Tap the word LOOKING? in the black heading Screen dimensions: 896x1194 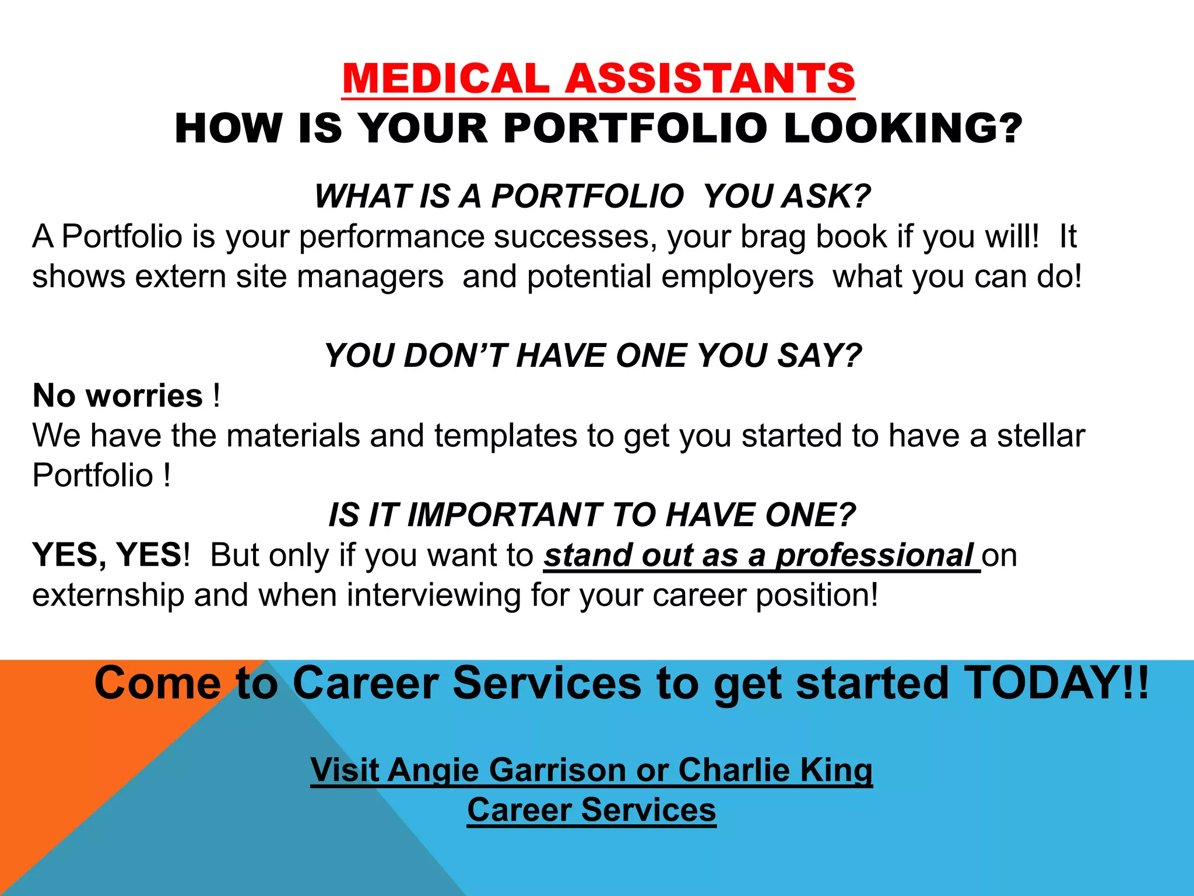tap(902, 128)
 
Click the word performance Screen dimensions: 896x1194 tap(392, 237)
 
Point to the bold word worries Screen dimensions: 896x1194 tap(144, 395)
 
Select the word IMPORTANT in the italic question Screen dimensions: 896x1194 tap(504, 515)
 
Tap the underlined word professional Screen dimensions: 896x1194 tap(875, 555)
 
